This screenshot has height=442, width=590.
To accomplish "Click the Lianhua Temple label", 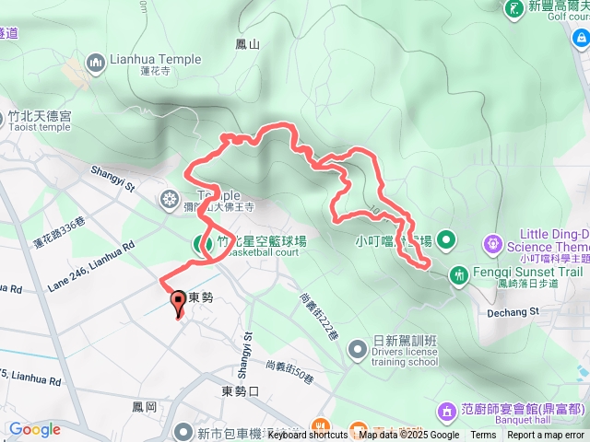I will (155, 60).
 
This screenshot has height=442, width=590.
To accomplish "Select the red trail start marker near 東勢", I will (177, 301).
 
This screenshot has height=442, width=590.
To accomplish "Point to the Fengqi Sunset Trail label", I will (529, 273).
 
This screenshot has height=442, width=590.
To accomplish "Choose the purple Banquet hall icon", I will (446, 409).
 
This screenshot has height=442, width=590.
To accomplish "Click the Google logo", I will (34, 429).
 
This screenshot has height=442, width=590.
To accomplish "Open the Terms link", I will (483, 436).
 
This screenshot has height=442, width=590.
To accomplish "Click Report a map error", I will (546, 436).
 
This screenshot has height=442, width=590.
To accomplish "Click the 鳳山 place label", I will (248, 43).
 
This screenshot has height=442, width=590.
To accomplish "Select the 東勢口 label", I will (242, 390).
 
